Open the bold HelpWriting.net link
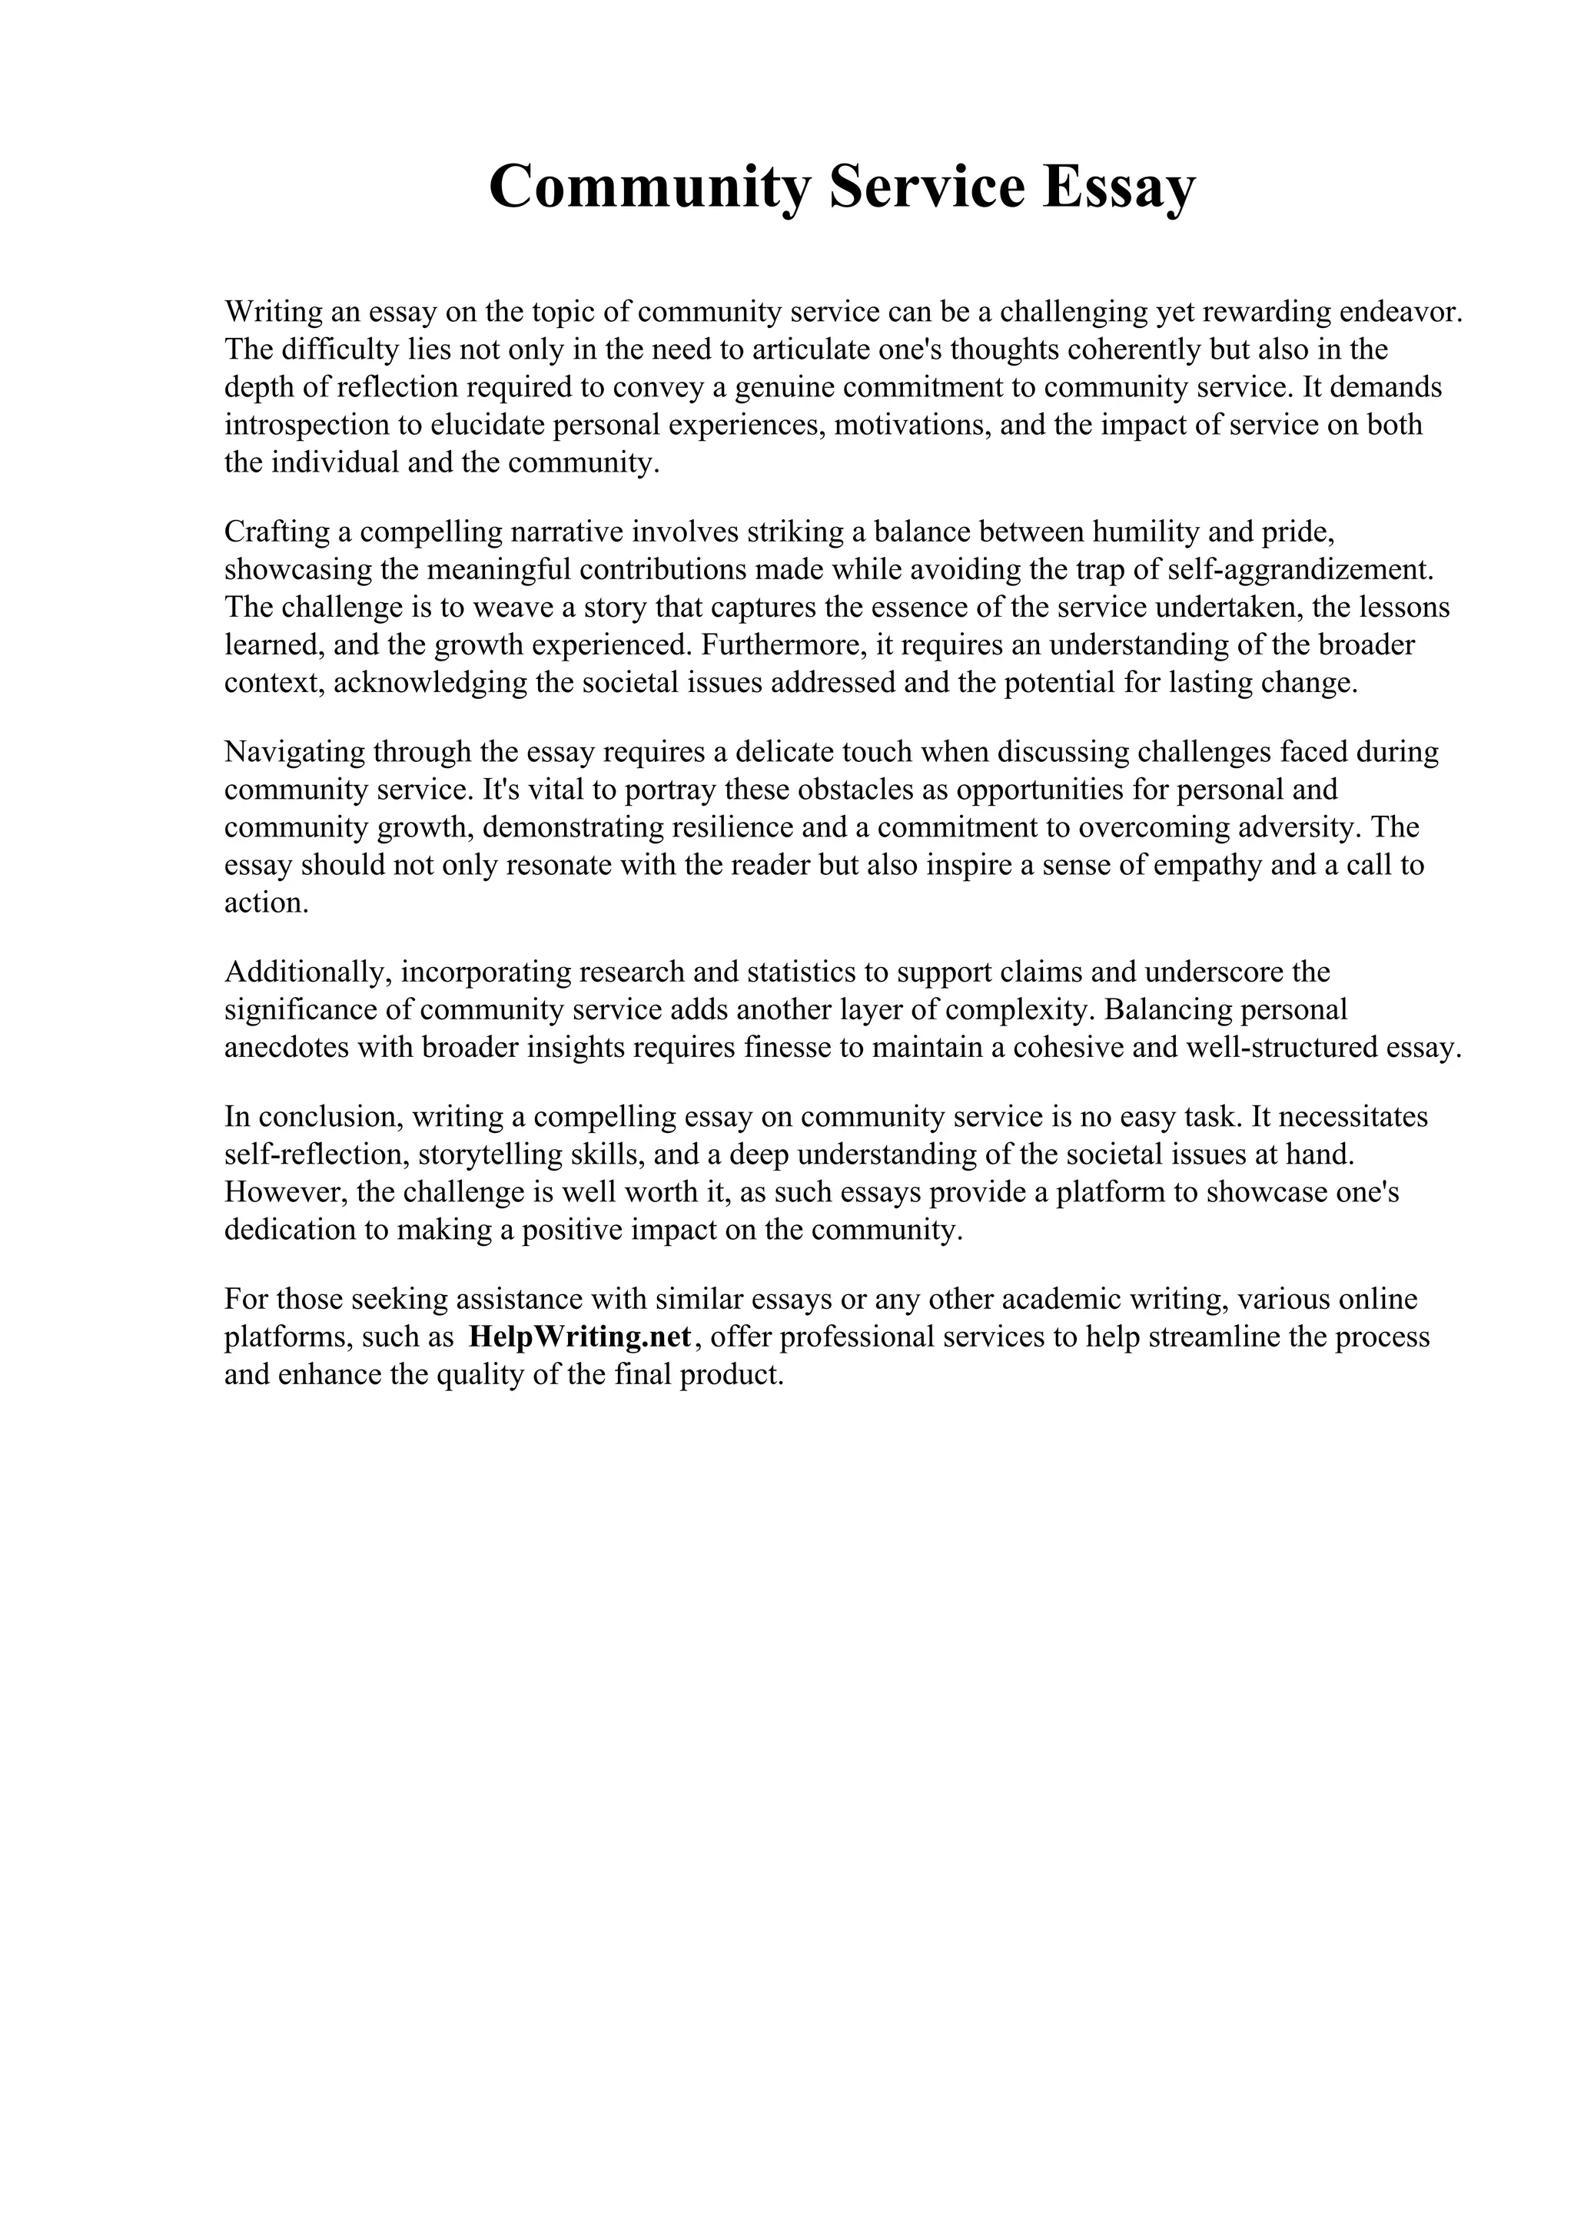click(579, 1337)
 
